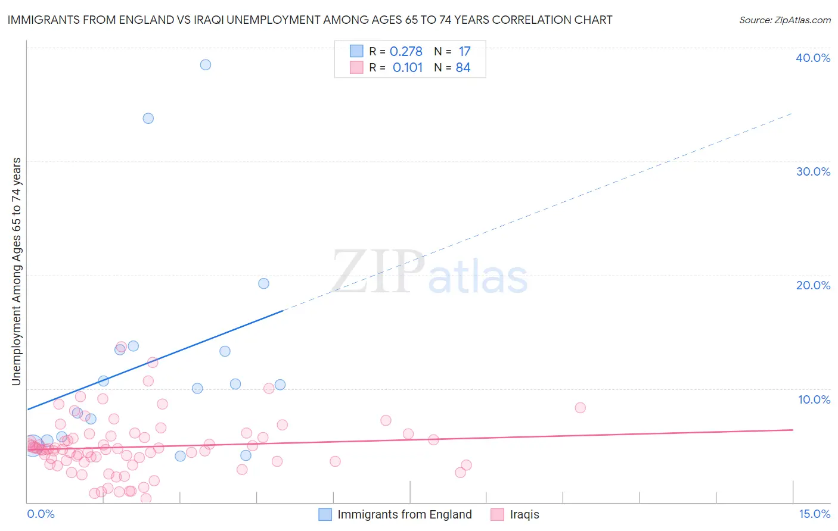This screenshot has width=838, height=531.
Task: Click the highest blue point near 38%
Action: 206,65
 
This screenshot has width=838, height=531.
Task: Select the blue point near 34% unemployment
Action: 148,118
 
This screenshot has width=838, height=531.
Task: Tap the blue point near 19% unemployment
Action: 263,283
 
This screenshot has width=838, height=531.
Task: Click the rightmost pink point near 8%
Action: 581,408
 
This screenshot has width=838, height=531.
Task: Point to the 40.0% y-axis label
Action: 813,58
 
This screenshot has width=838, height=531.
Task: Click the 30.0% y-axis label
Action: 813,171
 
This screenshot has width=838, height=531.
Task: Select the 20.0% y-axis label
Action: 813,285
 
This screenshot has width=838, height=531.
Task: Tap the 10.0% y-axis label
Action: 814,399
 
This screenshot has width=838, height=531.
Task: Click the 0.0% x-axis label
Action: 41,514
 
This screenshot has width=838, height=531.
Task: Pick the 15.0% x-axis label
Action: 814,514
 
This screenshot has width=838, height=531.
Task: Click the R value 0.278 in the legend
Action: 406,52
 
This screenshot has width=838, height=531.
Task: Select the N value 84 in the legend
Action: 463,68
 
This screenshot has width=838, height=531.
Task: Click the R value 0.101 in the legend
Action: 408,68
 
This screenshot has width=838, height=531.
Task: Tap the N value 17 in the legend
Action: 464,52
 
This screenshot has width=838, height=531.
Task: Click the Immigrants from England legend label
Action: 404,514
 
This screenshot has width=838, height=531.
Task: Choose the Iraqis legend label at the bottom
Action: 524,514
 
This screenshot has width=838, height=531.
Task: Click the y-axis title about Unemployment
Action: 17,271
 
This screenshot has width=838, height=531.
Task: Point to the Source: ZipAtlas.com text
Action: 785,20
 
